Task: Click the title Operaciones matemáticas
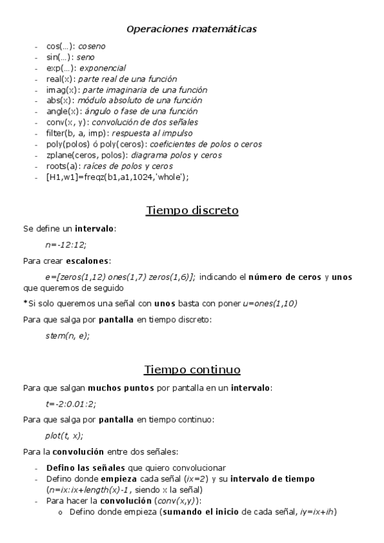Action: click(192, 29)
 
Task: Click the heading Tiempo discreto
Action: click(192, 210)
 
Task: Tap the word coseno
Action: click(92, 47)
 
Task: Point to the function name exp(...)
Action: click(61, 68)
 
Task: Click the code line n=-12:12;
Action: click(65, 245)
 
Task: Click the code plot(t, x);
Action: click(63, 435)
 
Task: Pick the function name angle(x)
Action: click(62, 111)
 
